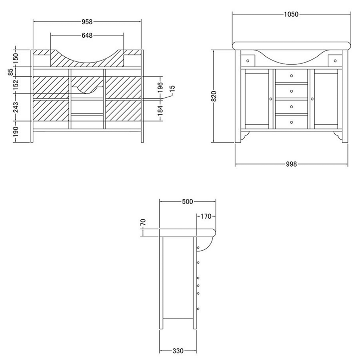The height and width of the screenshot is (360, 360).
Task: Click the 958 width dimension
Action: (x=87, y=22)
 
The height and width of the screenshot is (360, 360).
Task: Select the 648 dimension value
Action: (x=87, y=36)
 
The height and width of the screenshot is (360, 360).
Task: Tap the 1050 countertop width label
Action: (x=291, y=14)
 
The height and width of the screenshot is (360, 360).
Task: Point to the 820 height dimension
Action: (x=214, y=96)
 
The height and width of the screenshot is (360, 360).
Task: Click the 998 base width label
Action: (x=291, y=164)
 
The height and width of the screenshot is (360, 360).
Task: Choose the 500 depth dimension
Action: (x=188, y=202)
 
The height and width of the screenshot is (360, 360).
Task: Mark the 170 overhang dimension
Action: (x=206, y=216)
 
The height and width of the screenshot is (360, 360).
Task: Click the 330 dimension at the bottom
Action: (x=178, y=351)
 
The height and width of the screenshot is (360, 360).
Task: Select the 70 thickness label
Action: (x=143, y=222)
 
